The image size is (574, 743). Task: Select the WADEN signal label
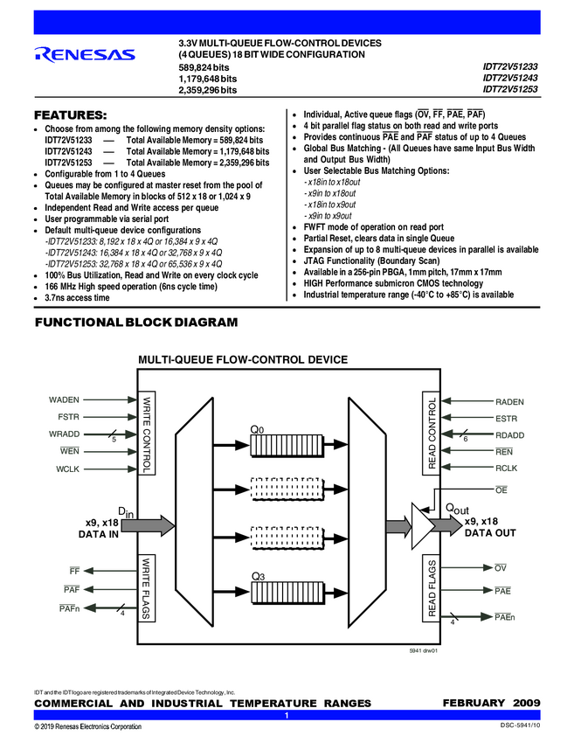64,399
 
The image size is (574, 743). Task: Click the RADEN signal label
509,401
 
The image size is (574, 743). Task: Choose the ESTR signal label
506,418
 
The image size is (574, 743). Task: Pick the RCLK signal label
506,469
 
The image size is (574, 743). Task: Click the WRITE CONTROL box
146,434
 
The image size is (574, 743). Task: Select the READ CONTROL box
431,434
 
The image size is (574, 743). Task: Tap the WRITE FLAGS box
146,587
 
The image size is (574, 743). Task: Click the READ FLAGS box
431,587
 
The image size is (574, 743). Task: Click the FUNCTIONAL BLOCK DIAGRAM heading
135,323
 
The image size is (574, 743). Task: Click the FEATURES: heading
70,115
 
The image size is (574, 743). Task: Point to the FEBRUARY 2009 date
492,703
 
